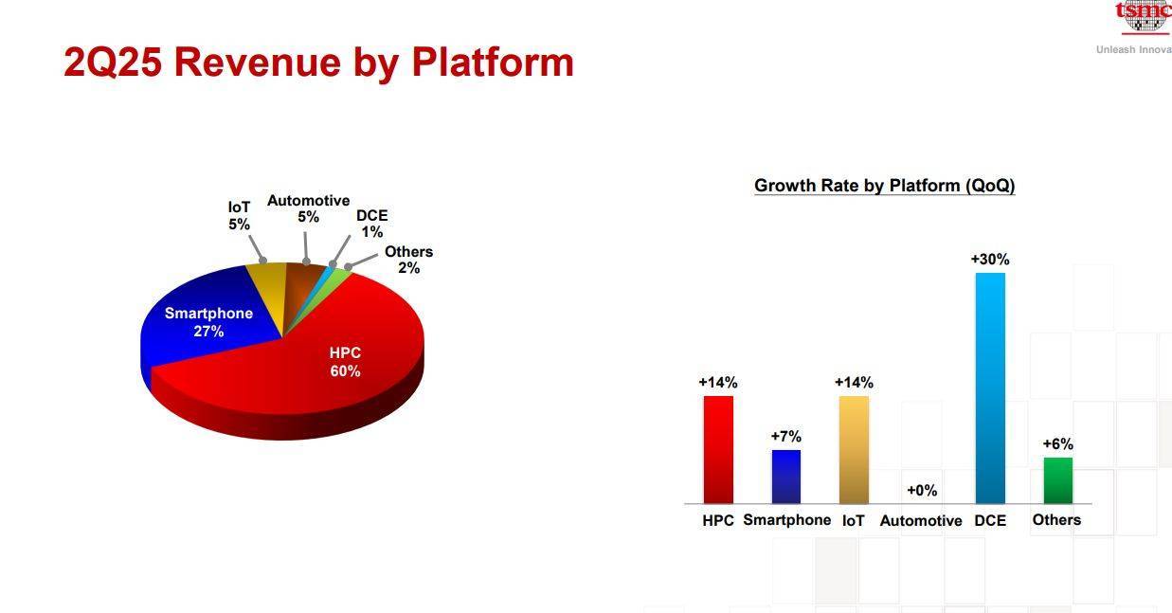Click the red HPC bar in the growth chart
click(x=718, y=449)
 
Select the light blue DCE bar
click(x=990, y=388)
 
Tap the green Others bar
click(x=1058, y=480)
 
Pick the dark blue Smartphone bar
click(x=785, y=476)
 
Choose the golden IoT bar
click(x=854, y=449)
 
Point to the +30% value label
click(x=990, y=259)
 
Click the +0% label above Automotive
click(x=922, y=490)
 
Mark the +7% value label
click(x=785, y=436)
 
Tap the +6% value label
click(x=1058, y=443)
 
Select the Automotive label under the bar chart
click(x=921, y=520)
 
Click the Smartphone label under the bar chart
click(x=787, y=520)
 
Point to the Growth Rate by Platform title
click(x=885, y=185)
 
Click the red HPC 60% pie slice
click(x=324, y=366)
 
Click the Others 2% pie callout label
click(x=408, y=260)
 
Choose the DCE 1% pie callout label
click(x=372, y=224)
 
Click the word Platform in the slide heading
click(x=493, y=63)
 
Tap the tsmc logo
click(x=1144, y=17)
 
